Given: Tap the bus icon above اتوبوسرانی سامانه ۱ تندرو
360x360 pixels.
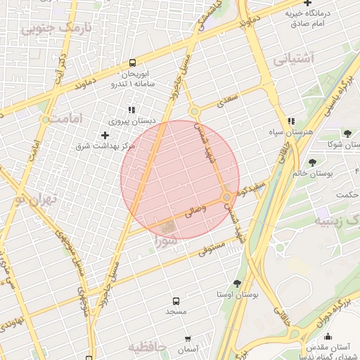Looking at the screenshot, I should pos(133,63).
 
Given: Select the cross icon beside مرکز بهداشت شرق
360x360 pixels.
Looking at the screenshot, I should pos(105,135).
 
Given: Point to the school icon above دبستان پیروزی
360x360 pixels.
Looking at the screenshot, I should pos(131,110).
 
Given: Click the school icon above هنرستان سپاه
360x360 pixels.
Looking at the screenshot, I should pos(291,122).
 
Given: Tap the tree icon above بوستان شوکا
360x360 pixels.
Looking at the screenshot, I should pos(347,134).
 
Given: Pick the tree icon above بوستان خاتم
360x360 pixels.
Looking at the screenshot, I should pos(312,162).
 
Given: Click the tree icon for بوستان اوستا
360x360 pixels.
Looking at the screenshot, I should pos(237,283).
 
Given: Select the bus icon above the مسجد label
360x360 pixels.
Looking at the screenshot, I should pos(175,299).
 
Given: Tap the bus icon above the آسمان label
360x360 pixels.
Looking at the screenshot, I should pos(188,338).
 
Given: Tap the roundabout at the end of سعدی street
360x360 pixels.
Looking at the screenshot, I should pos(195,111).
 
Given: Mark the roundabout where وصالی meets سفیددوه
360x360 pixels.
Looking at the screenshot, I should pos(227,198).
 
